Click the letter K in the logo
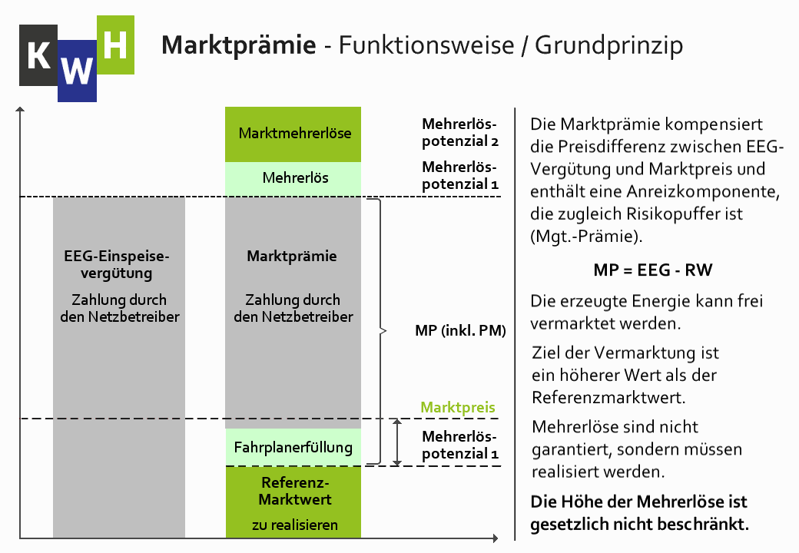pyautogui.click(x=38, y=56)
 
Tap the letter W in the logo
pyautogui.click(x=77, y=71)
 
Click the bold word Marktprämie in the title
pyautogui.click(x=238, y=45)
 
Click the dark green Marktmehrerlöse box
pyautogui.click(x=293, y=134)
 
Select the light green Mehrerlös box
pyautogui.click(x=293, y=178)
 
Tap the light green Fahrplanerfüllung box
pyautogui.click(x=293, y=447)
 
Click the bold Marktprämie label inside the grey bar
pyautogui.click(x=292, y=257)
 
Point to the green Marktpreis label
pyautogui.click(x=458, y=408)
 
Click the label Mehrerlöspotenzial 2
pyautogui.click(x=459, y=133)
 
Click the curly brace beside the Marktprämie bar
pyautogui.click(x=377, y=331)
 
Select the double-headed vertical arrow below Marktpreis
pyautogui.click(x=397, y=442)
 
